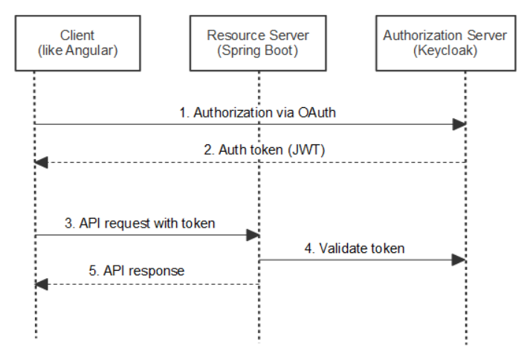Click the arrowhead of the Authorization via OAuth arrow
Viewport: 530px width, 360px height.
(460, 125)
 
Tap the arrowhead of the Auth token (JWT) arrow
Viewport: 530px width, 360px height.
(41, 162)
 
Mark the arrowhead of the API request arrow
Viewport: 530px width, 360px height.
(253, 234)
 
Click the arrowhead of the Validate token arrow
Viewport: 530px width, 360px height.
(460, 260)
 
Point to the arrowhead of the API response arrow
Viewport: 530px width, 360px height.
(41, 284)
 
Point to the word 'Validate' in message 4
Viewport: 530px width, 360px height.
(343, 247)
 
